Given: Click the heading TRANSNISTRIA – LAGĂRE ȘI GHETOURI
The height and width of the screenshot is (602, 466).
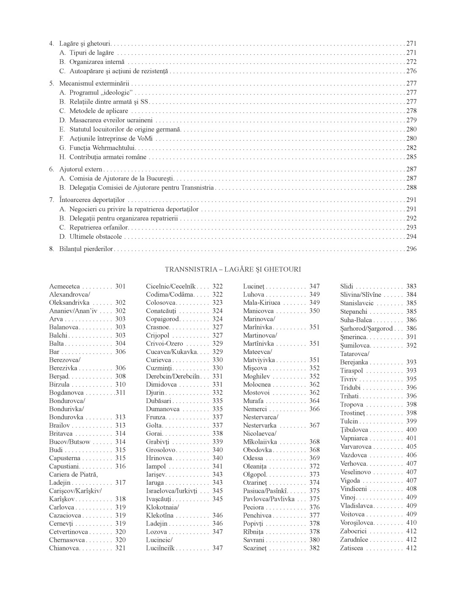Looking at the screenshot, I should tap(233, 269).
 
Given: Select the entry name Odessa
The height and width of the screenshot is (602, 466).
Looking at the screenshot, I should tap(253, 458).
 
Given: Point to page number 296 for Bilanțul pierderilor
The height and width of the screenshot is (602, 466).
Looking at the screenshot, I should tap(411, 249).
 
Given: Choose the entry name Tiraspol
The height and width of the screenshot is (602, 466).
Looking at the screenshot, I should tap(351, 370).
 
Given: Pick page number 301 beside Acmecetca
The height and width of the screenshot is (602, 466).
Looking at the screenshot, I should tap(120, 287).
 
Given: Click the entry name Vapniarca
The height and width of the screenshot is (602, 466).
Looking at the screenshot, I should tap(354, 438).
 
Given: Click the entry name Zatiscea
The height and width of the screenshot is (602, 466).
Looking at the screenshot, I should tap(351, 548).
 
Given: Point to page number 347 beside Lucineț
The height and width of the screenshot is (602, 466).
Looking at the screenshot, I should tap(314, 287).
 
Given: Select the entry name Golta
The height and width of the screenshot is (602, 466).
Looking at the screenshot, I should tap(154, 425).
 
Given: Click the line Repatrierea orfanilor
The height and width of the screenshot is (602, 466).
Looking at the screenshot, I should tap(99, 227).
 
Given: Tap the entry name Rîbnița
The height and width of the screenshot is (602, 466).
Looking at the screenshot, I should tap(253, 532).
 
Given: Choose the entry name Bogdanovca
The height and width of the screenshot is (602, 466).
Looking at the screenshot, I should tap(66, 392).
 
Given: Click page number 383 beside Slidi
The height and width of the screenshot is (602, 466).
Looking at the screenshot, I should tap(411, 287).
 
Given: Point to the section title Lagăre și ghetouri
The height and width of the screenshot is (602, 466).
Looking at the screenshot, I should tap(85, 43).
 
